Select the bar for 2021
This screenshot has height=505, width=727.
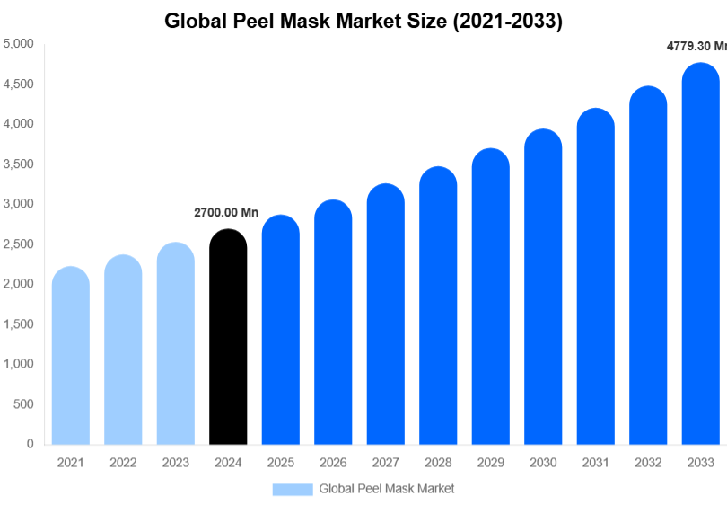[x=71, y=356]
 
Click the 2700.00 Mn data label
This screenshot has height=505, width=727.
[x=226, y=213]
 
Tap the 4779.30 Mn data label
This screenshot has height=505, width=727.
[x=696, y=46]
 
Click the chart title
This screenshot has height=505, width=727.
[x=363, y=22]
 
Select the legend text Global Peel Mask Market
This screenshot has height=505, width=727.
[x=387, y=489]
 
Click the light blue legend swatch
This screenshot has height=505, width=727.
[x=293, y=489]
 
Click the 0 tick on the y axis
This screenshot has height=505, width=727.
[x=30, y=444]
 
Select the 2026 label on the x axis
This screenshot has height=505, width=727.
[x=333, y=463]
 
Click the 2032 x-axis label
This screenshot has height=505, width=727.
[x=648, y=463]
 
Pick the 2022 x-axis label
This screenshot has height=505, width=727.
[x=123, y=463]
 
